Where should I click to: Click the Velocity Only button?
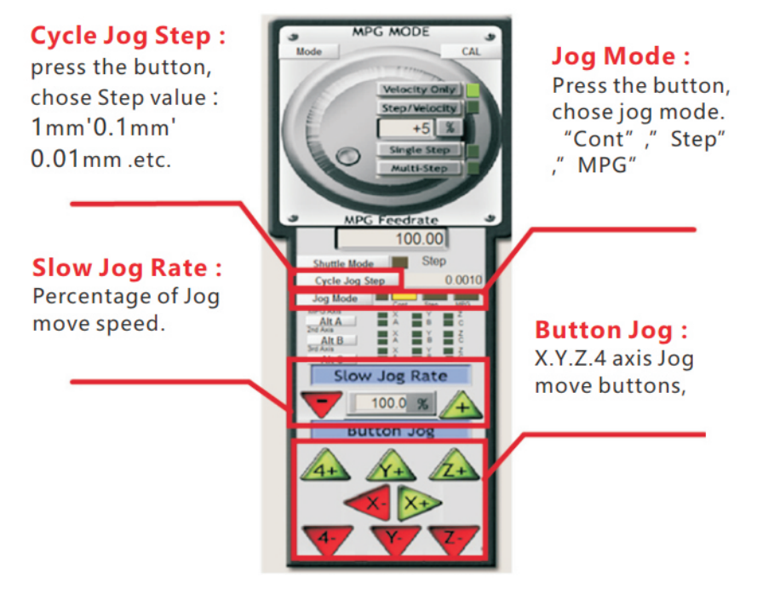(420, 89)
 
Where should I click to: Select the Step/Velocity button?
(420, 108)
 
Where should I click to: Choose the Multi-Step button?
(420, 169)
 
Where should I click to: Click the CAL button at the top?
(470, 51)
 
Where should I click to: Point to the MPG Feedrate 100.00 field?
(392, 240)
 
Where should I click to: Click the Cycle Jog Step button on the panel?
(348, 280)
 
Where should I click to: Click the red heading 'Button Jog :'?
(611, 331)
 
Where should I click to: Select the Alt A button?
(331, 321)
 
